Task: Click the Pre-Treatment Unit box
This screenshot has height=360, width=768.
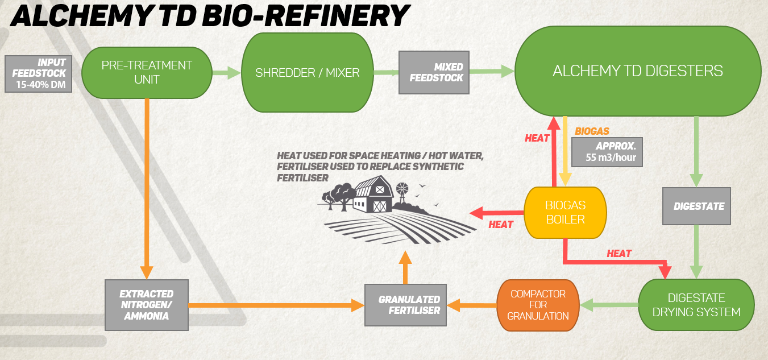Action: pos(147,73)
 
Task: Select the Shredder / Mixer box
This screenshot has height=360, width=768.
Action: pos(308,72)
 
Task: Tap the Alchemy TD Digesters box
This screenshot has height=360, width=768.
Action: pos(638,71)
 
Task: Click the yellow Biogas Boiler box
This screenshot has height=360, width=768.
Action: pos(566,213)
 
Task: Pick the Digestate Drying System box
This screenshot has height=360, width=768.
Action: pos(696,305)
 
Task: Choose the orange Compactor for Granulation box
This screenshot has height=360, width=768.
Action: pos(538,305)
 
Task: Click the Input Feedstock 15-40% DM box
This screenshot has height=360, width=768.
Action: pos(39,74)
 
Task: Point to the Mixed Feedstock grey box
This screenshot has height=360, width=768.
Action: pos(434,72)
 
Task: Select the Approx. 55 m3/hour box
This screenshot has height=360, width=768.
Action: pos(607,152)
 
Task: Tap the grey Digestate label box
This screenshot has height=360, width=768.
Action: pos(696,206)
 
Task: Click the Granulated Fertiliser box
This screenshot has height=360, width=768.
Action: pos(405,305)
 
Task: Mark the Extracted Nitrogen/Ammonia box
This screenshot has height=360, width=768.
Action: pos(147,305)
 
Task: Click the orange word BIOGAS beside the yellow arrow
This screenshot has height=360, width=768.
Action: pos(592,131)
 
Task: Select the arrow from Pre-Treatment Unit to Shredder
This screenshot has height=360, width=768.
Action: pos(227,73)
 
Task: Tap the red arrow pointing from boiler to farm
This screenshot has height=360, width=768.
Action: pos(496,213)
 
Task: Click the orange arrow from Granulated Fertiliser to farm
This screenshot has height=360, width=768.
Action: pos(405,267)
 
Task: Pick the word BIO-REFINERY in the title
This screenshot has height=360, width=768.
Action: pos(306,16)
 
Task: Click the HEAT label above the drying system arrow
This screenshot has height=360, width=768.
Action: pos(619,254)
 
